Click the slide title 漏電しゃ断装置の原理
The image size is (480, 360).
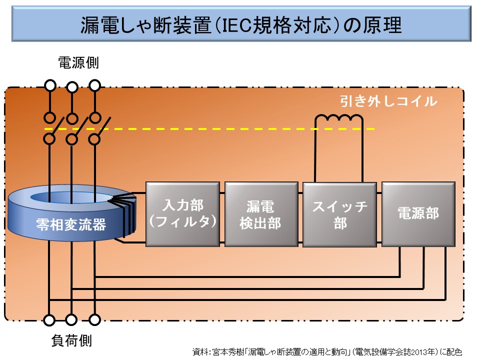[240, 25]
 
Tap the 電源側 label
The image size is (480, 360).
[78, 63]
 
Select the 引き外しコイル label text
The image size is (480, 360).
[388, 101]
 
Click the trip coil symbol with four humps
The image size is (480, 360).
[338, 120]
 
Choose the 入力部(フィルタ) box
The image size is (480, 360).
[183, 213]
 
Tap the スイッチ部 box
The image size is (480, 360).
[339, 214]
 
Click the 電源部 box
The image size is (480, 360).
[418, 213]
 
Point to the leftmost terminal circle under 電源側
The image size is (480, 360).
[50, 84]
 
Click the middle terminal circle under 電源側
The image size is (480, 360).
[72, 88]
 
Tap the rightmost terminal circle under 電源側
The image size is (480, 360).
[94, 84]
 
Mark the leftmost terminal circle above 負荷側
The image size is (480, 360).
[49, 319]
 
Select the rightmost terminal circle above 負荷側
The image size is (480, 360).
[94, 319]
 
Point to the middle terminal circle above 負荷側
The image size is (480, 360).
[72, 319]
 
